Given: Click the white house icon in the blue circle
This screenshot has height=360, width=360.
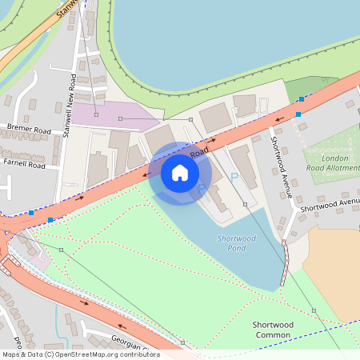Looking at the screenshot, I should pyautogui.click(x=180, y=172).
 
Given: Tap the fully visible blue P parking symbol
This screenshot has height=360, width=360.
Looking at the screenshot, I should pyautogui.click(x=234, y=177).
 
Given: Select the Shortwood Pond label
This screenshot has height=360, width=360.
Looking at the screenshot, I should pyautogui.click(x=236, y=243).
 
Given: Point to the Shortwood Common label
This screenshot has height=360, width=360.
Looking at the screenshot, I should pyautogui.click(x=274, y=330).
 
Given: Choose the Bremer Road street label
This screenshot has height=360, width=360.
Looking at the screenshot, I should pyautogui.click(x=28, y=128).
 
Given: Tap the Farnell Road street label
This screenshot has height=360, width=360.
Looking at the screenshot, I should pyautogui.click(x=24, y=165).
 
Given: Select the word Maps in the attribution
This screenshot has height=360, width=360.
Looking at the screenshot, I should pyautogui.click(x=12, y=354).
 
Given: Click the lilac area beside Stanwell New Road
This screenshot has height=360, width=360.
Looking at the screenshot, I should pyautogui.click(x=112, y=114).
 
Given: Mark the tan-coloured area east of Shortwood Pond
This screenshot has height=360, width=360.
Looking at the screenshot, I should pyautogui.click(x=332, y=272).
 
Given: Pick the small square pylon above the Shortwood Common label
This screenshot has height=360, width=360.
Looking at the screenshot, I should pyautogui.click(x=314, y=310).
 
